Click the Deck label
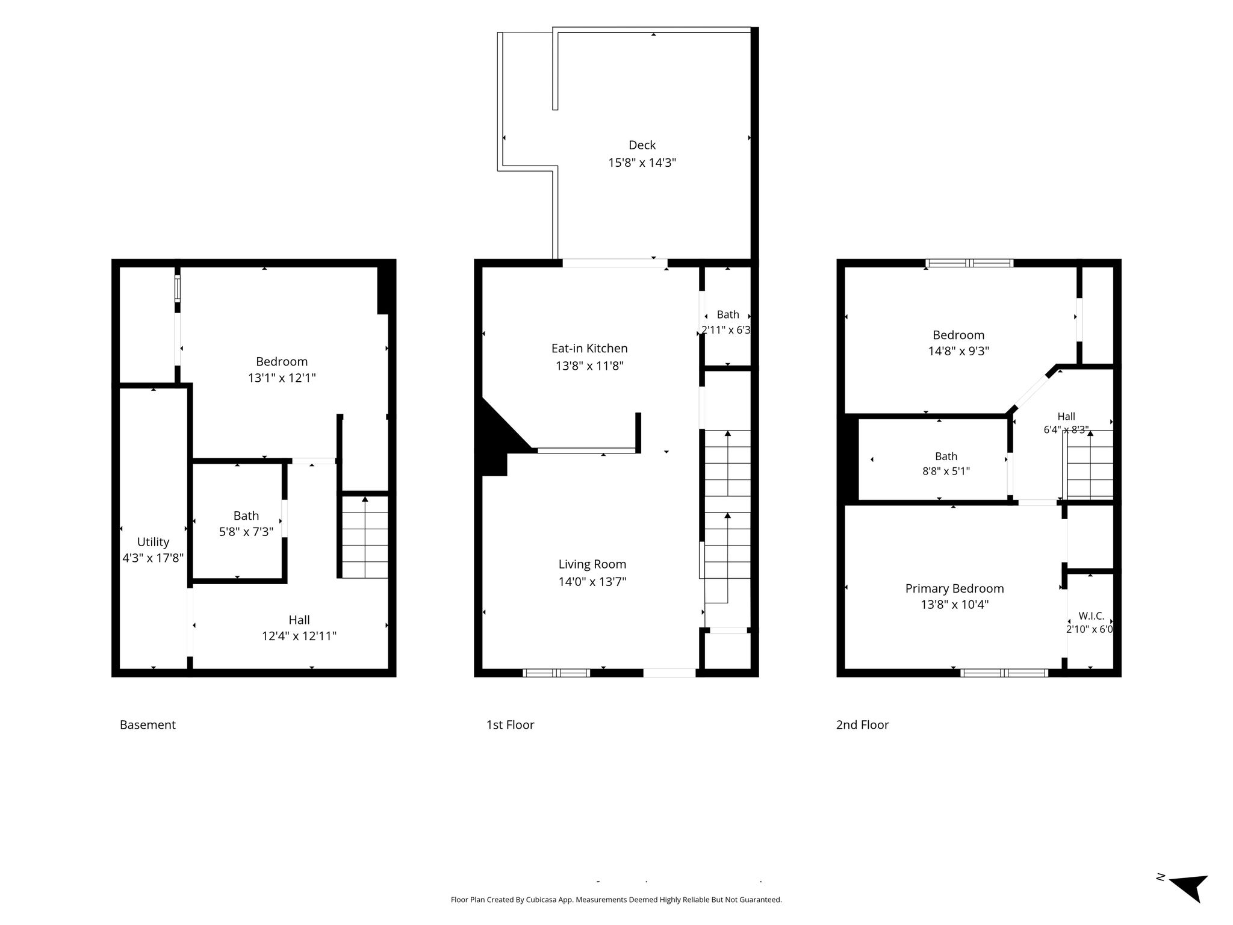pos(642,145)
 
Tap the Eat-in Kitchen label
pos(589,348)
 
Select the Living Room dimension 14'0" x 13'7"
pos(592,582)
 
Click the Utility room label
pos(153,542)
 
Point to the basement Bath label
pos(246,515)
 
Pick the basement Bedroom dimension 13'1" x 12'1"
pos(282,378)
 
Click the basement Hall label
pos(299,620)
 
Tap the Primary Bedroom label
pos(955,588)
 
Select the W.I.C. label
pos(1091,616)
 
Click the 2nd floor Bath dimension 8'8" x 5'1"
pos(946,472)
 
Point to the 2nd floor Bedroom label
pos(958,335)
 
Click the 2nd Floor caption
pos(862,725)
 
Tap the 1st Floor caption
pos(510,725)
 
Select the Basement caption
pos(148,725)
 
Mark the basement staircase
pos(365,537)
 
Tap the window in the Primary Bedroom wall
pos(1004,673)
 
